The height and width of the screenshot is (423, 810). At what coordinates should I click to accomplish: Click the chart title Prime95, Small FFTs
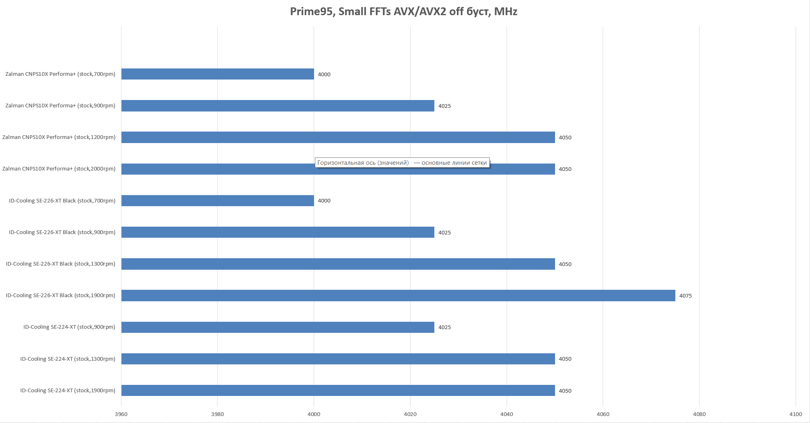coord(403,11)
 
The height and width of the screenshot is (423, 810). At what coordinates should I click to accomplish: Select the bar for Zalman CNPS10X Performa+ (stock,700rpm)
coord(218,74)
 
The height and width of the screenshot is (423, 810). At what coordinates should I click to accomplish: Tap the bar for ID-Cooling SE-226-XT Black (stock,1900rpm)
coord(398,296)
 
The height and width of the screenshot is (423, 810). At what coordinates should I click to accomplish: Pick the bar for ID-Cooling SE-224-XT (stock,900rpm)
coord(278,327)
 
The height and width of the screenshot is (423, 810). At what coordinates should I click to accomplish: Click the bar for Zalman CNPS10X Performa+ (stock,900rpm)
coord(278,106)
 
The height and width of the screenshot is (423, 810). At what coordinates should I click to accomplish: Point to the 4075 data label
coord(685,296)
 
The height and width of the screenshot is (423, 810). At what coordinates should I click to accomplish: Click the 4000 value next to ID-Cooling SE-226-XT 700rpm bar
coord(324,201)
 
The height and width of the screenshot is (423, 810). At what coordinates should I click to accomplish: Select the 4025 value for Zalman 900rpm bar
coord(444,106)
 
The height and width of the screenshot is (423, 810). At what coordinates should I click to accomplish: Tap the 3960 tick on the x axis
coord(121,414)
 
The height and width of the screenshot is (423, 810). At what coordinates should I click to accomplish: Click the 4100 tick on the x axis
coord(795,414)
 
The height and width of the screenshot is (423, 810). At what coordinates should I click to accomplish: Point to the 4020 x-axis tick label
coord(410,414)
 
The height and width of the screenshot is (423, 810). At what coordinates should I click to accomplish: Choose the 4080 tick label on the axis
coord(699,414)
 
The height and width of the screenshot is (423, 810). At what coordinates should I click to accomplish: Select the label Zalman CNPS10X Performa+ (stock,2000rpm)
coord(59,169)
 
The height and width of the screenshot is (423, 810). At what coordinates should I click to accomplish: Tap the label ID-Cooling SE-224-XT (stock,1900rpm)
coord(68,391)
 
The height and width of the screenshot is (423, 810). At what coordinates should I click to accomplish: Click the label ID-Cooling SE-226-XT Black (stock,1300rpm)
coord(60,264)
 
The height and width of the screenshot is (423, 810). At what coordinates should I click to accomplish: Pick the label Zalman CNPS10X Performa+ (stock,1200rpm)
coord(59,137)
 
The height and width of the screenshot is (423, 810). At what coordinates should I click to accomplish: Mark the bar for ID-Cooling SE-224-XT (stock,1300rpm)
coord(338,359)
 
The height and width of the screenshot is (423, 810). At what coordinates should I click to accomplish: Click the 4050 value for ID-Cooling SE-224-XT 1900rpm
coord(565,391)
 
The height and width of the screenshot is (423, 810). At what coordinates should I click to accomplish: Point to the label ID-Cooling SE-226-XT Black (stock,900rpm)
coord(62,232)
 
